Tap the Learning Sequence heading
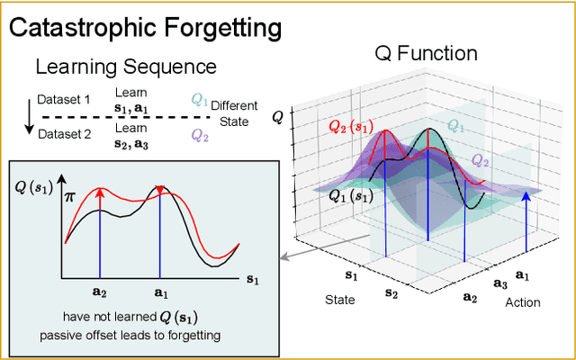(125, 67)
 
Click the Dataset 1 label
(64, 100)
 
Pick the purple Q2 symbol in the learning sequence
(199, 135)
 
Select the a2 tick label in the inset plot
(100, 292)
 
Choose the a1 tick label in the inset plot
(160, 292)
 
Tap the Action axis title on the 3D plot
(523, 302)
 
